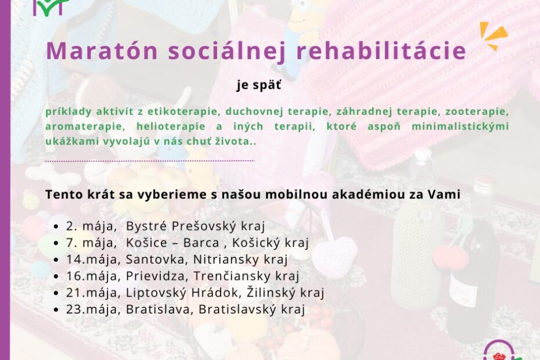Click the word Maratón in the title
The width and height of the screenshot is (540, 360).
pyautogui.click(x=102, y=51)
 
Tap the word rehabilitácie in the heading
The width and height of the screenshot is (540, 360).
pyautogui.click(x=381, y=51)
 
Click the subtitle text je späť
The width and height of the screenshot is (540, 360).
pyautogui.click(x=259, y=85)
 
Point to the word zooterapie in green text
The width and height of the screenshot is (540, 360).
pyautogui.click(x=477, y=111)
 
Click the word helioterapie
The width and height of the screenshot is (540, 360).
pyautogui.click(x=171, y=126)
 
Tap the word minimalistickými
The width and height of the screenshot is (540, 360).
pyautogui.click(x=460, y=126)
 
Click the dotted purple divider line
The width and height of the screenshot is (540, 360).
pyautogui.click(x=150, y=161)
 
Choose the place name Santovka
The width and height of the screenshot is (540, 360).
pyautogui.click(x=155, y=260)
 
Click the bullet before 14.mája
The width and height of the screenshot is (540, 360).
pyautogui.click(x=56, y=260)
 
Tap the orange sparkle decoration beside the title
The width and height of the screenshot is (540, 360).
pyautogui.click(x=494, y=35)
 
